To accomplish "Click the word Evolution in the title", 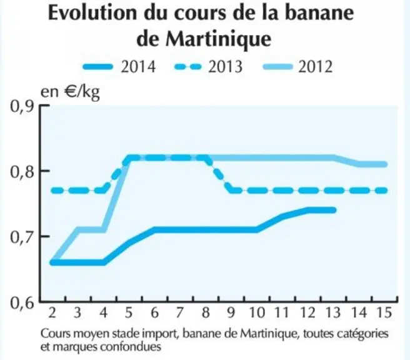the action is pyautogui.click(x=92, y=12).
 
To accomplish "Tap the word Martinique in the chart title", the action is pyautogui.click(x=218, y=39).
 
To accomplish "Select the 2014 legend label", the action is pyautogui.click(x=138, y=66).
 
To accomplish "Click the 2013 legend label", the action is pyautogui.click(x=226, y=66).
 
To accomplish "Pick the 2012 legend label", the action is pyautogui.click(x=316, y=66).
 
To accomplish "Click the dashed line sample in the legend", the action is pyautogui.click(x=188, y=67).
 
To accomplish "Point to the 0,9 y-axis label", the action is pyautogui.click(x=22, y=106).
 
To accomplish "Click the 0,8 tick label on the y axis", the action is pyautogui.click(x=22, y=171).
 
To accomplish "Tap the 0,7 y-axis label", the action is pyautogui.click(x=22, y=237).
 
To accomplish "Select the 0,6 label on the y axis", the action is pyautogui.click(x=22, y=302).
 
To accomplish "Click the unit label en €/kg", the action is pyautogui.click(x=70, y=92).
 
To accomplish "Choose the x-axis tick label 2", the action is pyautogui.click(x=52, y=312).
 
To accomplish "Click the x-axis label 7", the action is pyautogui.click(x=179, y=312).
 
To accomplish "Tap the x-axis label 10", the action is pyautogui.click(x=257, y=312).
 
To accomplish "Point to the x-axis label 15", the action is pyautogui.click(x=384, y=312).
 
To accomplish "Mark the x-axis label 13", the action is pyautogui.click(x=332, y=312).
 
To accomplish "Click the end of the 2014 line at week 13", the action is pyautogui.click(x=334, y=210).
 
